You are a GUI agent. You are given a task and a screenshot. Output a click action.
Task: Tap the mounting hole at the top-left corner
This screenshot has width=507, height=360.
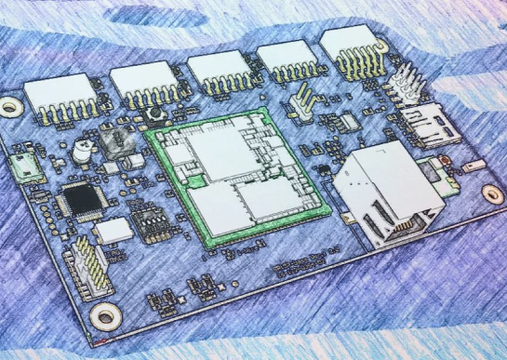(10, 107)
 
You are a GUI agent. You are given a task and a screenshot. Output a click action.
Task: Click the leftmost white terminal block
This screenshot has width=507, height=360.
(57, 95)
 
